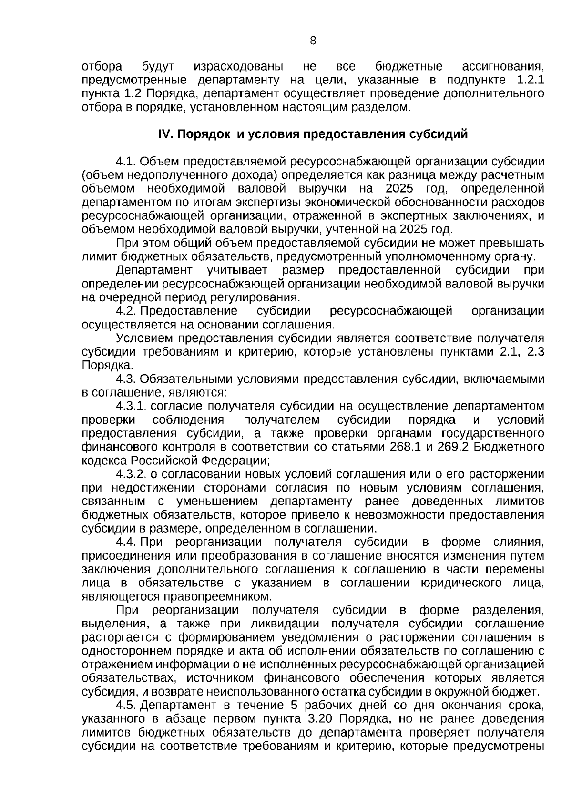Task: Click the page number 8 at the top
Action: pyautogui.click(x=313, y=41)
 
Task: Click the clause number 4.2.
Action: pyautogui.click(x=126, y=311)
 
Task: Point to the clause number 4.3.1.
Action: pyautogui.click(x=131, y=406)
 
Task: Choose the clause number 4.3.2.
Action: pyautogui.click(x=131, y=474)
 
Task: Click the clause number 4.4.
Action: pyautogui.click(x=126, y=543)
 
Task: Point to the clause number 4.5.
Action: pyautogui.click(x=126, y=705)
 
